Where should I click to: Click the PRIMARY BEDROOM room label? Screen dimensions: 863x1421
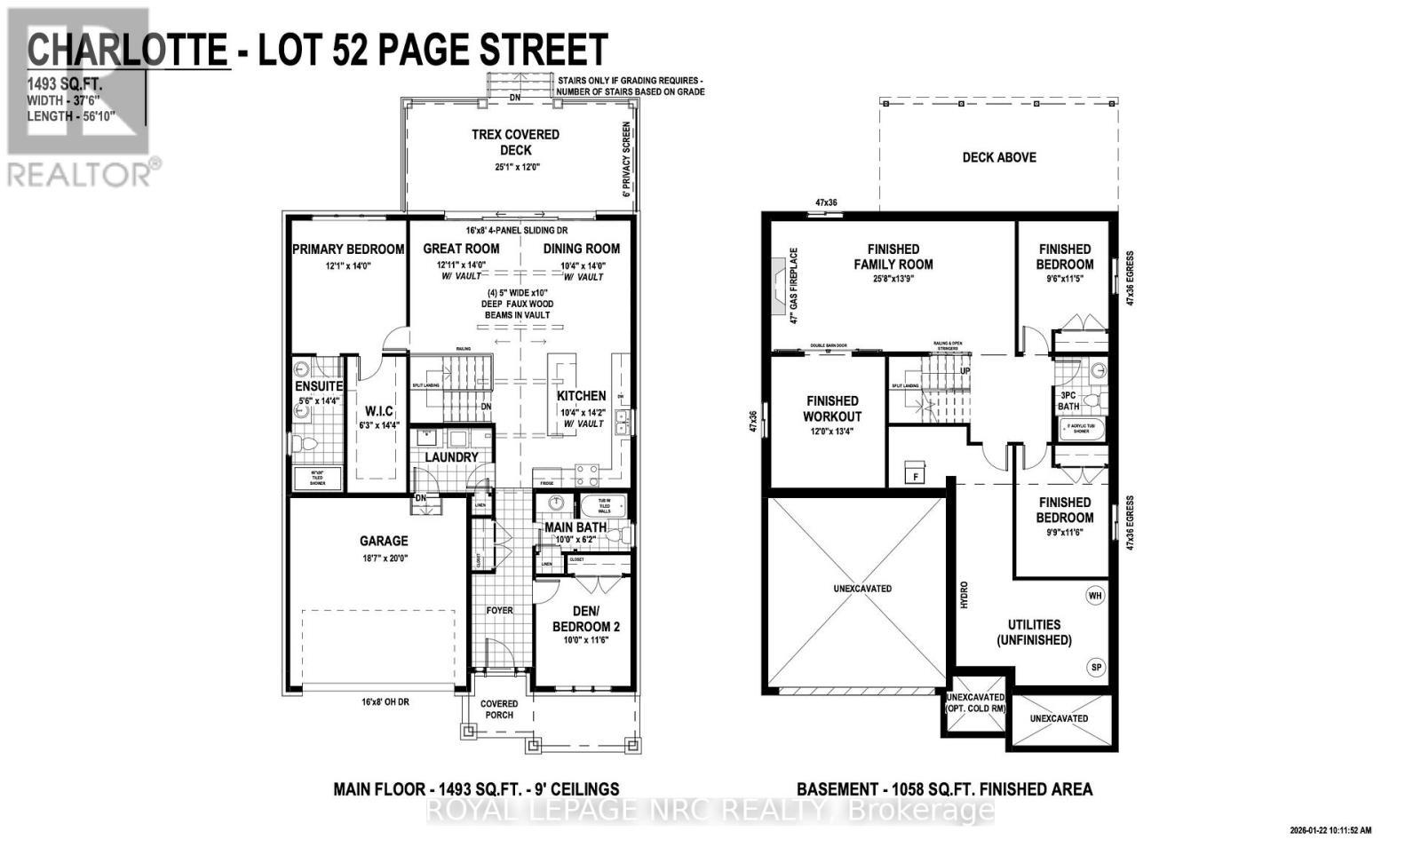pos(348,249)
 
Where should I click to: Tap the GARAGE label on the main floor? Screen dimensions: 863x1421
pos(384,541)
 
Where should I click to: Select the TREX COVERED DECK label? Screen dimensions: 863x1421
pos(515,142)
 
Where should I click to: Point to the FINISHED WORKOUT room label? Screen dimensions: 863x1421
pos(832,408)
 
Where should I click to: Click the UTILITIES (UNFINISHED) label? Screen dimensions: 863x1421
pos(1034,632)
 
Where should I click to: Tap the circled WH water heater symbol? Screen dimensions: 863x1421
pos(1095,596)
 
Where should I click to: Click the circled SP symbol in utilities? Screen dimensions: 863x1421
pos(1095,667)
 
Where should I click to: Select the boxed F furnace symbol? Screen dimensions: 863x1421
pos(915,476)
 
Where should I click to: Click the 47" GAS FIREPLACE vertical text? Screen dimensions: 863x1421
pos(795,286)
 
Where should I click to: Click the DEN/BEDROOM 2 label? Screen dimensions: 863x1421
pos(586,619)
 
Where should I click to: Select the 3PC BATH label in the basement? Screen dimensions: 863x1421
pos(1068,400)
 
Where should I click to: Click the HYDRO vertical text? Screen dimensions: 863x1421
pos(964,595)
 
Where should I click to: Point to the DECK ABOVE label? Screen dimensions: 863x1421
pos(999,157)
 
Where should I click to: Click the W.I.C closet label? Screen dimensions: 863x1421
pos(379,410)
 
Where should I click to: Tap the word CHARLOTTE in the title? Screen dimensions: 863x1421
pos(127,50)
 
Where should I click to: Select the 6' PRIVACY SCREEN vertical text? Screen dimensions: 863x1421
pos(626,160)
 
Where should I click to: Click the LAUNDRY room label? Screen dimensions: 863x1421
pos(451,457)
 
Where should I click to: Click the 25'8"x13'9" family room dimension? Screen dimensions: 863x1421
pos(893,279)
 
